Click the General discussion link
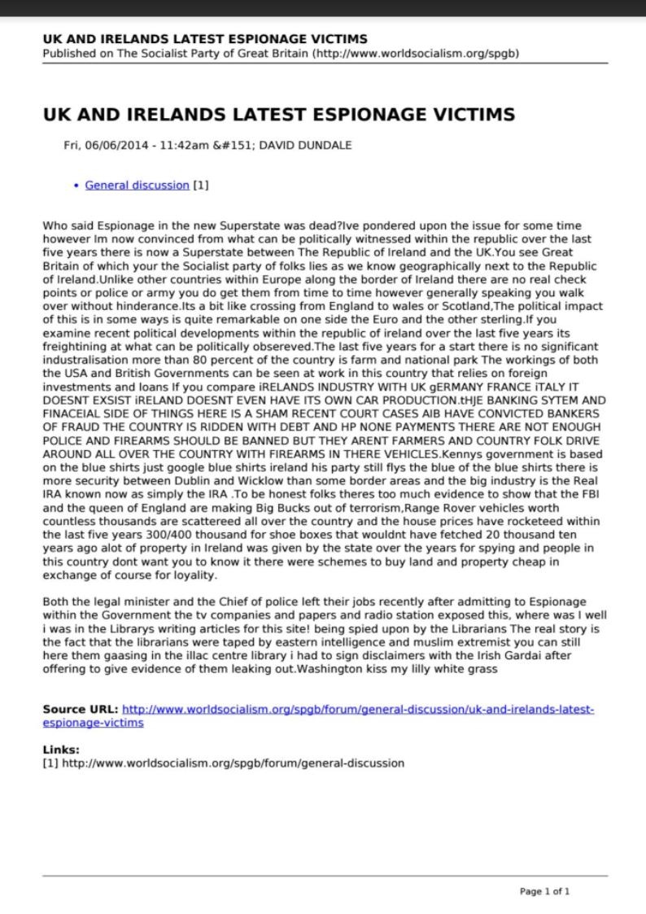tap(137, 186)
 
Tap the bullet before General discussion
tap(76, 186)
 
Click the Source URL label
tap(80, 710)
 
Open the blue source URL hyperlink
tap(358, 710)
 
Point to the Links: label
tap(61, 750)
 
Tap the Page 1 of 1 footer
tap(544, 891)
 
